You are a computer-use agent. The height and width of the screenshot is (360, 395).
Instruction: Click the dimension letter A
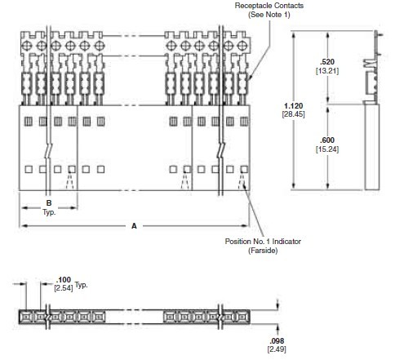click(134, 225)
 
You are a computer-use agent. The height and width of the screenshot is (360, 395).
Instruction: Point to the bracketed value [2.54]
click(63, 288)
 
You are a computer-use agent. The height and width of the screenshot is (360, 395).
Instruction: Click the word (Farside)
click(263, 251)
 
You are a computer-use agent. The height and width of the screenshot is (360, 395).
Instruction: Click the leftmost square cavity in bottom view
click(26, 315)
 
